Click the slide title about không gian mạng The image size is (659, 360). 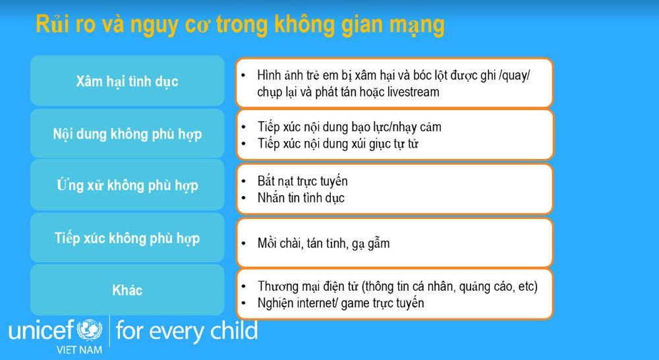[x=240, y=25]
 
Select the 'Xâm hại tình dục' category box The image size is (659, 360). [x=127, y=82]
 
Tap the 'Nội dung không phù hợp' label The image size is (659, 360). [x=127, y=134]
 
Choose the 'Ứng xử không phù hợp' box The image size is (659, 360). [x=127, y=185]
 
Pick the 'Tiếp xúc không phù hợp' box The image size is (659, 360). [x=127, y=238]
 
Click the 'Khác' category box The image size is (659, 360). [x=127, y=290]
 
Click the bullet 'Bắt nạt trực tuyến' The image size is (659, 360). [x=302, y=181]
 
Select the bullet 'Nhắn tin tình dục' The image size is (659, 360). [x=301, y=197]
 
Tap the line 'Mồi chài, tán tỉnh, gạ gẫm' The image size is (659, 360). [x=323, y=243]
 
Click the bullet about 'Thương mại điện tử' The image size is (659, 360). [x=397, y=286]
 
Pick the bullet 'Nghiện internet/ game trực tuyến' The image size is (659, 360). [x=340, y=303]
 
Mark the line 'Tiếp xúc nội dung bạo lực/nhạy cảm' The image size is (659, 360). [x=349, y=127]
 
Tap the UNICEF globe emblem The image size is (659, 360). [x=90, y=330]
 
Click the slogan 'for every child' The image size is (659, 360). [x=186, y=330]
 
